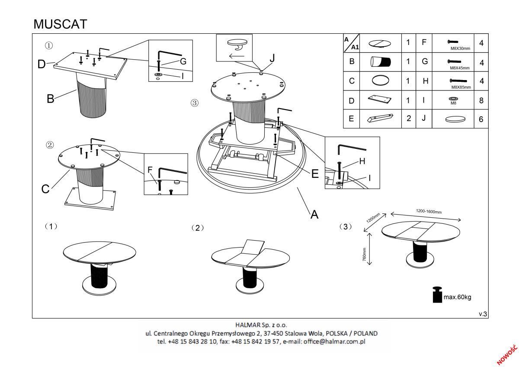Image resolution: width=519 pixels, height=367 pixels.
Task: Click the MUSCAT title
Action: tap(60, 24)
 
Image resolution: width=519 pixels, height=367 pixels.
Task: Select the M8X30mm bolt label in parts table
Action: tap(461, 49)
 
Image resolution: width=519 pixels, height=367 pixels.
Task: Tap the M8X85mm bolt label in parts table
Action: tap(461, 87)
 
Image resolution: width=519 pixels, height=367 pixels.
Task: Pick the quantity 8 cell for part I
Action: tap(481, 101)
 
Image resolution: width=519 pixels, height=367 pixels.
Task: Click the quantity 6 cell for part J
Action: tap(481, 119)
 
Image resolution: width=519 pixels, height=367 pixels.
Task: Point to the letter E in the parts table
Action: tap(351, 119)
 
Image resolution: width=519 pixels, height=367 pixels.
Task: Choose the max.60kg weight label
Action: tap(457, 297)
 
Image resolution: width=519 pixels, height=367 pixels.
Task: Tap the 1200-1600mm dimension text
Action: tap(429, 212)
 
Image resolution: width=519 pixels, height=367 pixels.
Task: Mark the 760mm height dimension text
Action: tap(365, 254)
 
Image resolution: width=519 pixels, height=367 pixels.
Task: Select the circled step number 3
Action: tap(195, 103)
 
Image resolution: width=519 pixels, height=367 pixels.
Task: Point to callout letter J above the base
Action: tap(272, 58)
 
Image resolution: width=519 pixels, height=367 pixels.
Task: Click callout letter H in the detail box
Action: tap(362, 161)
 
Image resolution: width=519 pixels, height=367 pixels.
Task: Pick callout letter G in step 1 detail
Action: tap(183, 61)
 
